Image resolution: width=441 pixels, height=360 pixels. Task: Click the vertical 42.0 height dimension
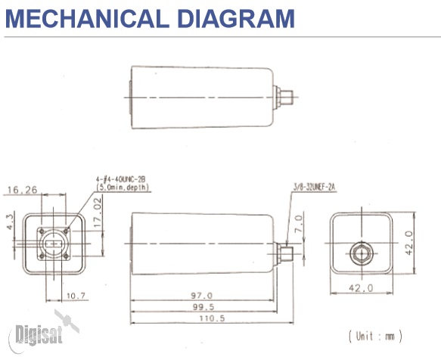[409, 244]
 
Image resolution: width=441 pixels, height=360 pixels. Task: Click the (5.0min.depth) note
[123, 185]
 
